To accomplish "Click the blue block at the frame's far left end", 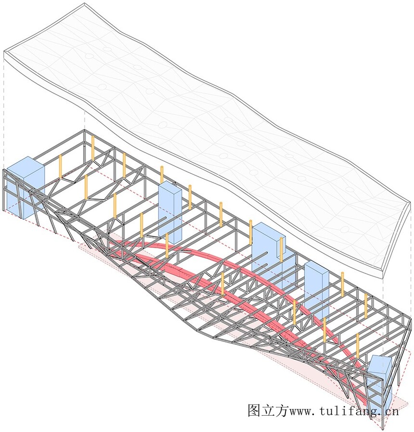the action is pyautogui.click(x=26, y=187).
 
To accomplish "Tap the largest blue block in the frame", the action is pyautogui.click(x=269, y=253).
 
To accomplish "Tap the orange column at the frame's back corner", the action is pyautogui.click(x=93, y=148).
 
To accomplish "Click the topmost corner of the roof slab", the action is pyautogui.click(x=84, y=3).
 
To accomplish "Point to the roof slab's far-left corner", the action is pyautogui.click(x=4, y=51).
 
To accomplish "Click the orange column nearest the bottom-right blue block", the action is pyautogui.click(x=358, y=346).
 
